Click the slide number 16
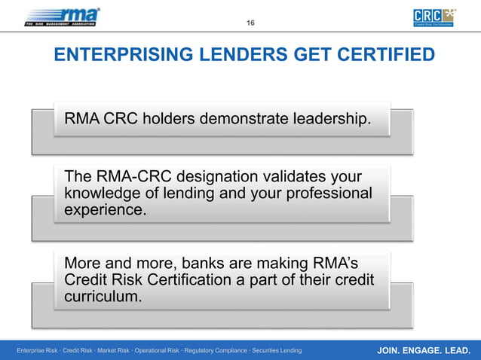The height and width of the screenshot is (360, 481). click(250, 23)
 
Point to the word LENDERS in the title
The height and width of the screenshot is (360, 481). click(228, 56)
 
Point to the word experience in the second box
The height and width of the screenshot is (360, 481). click(105, 210)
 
